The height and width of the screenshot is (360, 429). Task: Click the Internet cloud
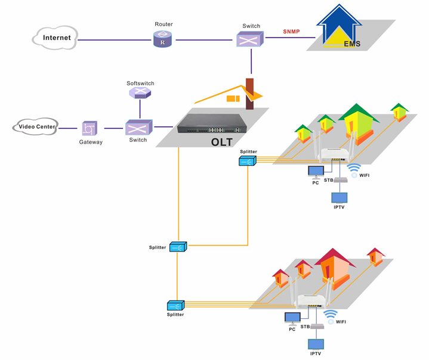tap(55, 38)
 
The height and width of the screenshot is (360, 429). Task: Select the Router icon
tap(162, 40)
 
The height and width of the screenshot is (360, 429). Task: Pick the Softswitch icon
tap(140, 93)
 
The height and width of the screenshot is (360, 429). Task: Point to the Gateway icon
tap(89, 128)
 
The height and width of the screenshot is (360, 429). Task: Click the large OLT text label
tap(222, 142)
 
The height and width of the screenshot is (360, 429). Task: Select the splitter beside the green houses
tap(248, 160)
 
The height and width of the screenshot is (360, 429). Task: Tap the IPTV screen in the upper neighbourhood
tap(339, 198)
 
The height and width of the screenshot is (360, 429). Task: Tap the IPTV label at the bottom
tap(316, 354)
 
